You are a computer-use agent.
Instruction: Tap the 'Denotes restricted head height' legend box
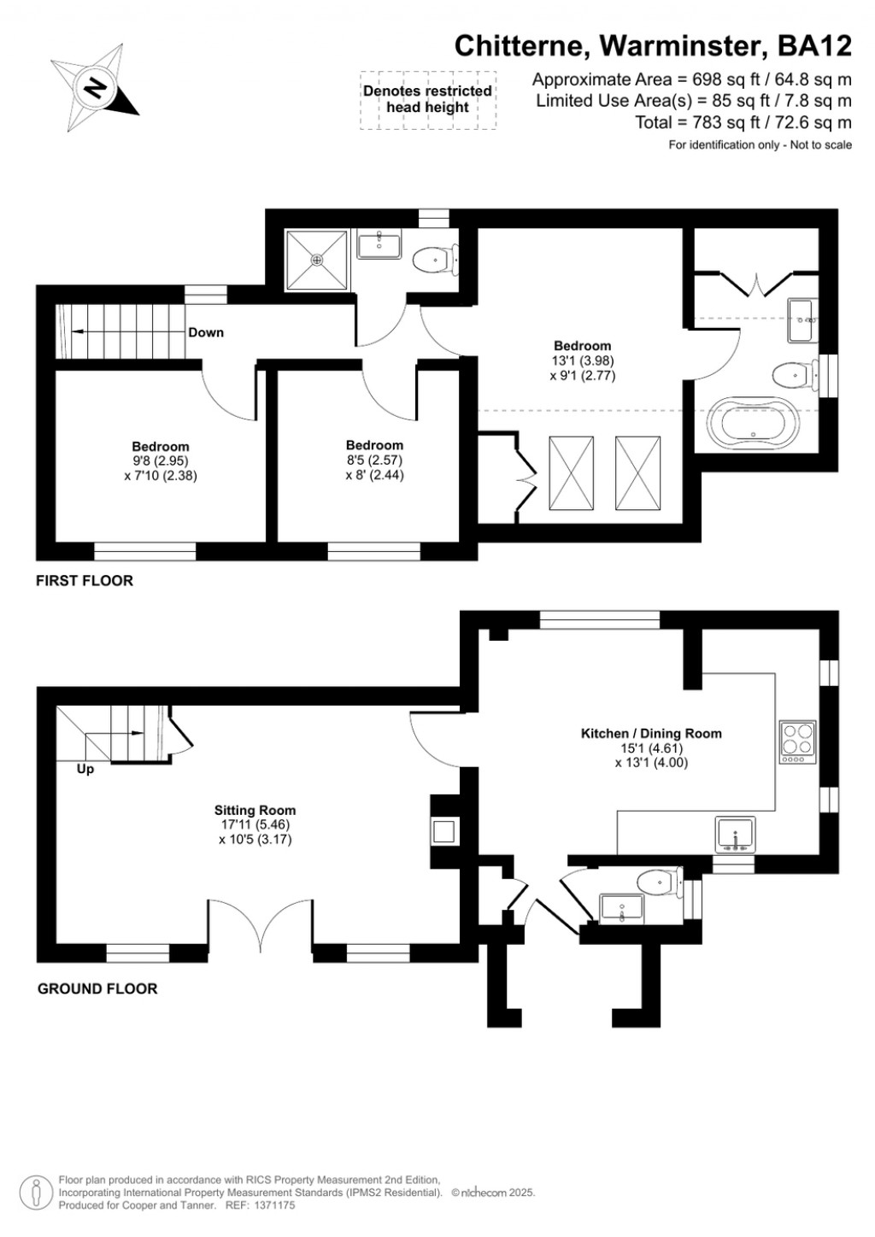point(428,100)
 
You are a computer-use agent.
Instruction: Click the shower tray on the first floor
point(318,260)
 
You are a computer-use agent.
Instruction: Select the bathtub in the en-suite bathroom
point(753,423)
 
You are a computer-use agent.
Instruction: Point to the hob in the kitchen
point(798,742)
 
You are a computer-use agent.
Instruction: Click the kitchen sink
point(735,835)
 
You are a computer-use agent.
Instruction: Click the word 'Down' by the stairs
point(206,332)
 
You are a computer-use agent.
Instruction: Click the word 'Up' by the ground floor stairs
point(85,769)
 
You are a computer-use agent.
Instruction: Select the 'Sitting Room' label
point(255,811)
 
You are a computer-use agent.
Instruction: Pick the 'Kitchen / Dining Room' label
point(651,733)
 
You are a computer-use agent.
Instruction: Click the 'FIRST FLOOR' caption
point(85,581)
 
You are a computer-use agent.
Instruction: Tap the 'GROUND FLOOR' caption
point(97,988)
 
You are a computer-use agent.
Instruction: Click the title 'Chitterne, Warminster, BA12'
point(653,45)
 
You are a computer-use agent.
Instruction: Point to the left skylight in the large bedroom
point(571,472)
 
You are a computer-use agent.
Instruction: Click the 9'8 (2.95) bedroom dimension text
point(161,461)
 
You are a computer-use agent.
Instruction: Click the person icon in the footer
point(36,1192)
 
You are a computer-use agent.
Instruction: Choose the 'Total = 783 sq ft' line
point(743,122)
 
